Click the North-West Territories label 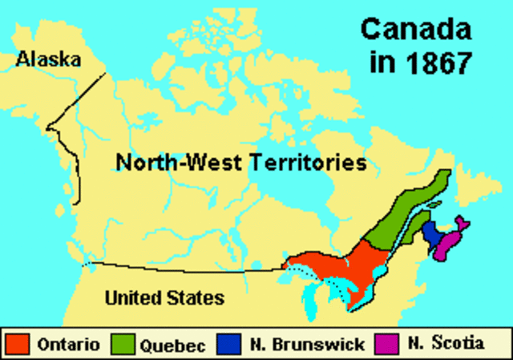[x=240, y=163]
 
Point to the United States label [x=164, y=298]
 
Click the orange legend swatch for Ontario [x=18, y=345]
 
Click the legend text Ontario [x=68, y=345]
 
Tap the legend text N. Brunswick [x=305, y=346]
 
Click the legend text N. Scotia [x=445, y=345]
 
